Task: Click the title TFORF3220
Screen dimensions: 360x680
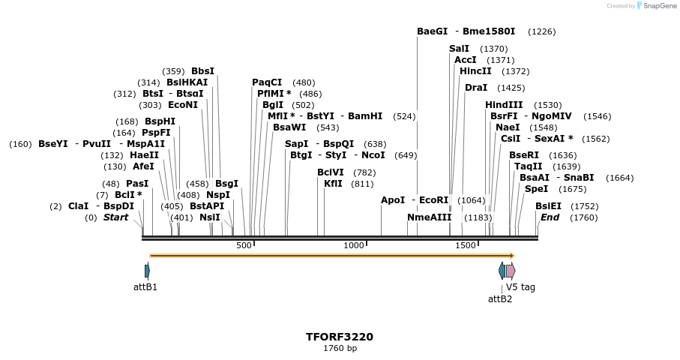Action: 340,337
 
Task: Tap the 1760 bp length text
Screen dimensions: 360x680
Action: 340,349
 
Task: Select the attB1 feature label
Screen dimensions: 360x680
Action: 145,286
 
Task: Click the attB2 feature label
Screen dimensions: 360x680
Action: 500,298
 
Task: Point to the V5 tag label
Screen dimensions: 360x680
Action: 520,286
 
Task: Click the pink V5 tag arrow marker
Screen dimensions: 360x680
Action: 511,271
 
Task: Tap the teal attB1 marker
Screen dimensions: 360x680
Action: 147,271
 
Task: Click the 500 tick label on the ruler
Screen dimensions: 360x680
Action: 244,245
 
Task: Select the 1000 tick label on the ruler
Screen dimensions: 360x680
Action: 353,245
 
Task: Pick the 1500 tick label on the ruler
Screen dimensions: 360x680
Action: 466,245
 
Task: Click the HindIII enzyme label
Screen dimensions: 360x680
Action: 504,105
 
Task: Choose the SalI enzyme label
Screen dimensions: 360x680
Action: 459,49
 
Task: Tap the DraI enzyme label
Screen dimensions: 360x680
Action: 476,88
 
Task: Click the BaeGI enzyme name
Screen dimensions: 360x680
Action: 432,31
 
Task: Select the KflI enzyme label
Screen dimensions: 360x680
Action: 333,184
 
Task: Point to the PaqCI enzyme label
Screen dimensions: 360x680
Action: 267,82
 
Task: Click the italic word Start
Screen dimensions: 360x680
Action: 115,217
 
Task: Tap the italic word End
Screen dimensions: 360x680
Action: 550,217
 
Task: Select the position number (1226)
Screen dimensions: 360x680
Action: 541,31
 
